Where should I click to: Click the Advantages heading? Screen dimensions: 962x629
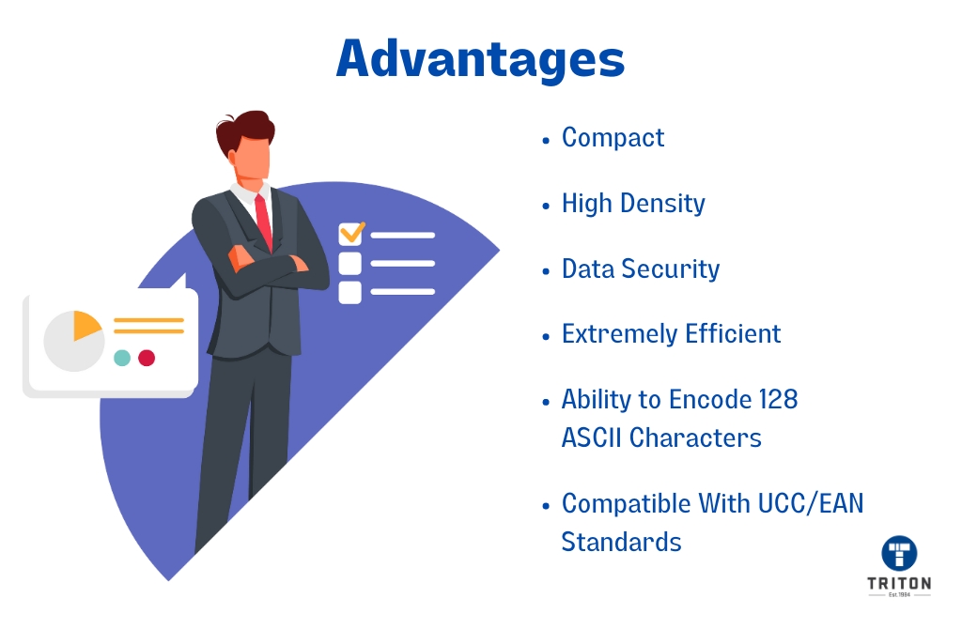[480, 59]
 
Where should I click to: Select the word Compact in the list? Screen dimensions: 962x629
[613, 138]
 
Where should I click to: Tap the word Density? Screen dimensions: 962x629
[663, 204]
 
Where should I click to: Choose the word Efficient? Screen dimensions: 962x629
[733, 333]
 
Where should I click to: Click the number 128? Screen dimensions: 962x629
[778, 399]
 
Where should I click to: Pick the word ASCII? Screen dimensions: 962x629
[592, 437]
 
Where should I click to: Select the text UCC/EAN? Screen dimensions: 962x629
[811, 504]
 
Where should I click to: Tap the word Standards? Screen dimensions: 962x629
[621, 542]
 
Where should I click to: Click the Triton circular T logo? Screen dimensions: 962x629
[899, 553]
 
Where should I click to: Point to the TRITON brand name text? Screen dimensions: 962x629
[899, 583]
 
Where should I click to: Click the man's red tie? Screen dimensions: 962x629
[264, 222]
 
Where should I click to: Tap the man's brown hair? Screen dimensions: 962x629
[244, 130]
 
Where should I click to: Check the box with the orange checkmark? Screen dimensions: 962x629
[351, 234]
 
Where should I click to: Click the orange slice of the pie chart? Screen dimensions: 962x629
[85, 324]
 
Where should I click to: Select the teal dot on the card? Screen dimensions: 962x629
[122, 358]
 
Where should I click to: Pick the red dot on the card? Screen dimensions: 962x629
[147, 358]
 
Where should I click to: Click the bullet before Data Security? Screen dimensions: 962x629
[546, 271]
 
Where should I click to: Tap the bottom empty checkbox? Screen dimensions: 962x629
[349, 292]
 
